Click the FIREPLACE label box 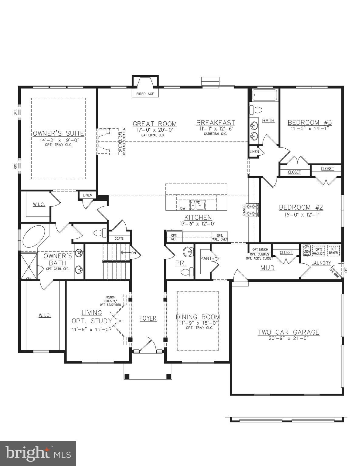coord(145,94)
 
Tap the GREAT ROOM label coord(155,124)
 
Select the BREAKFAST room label coord(216,123)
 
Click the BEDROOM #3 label coord(310,123)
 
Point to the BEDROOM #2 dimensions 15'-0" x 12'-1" coord(301,214)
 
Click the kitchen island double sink coord(197,205)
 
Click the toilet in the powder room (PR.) coord(188,272)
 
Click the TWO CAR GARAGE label coord(288,332)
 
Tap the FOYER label coord(148,318)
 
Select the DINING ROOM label coord(198,317)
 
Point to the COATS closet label coord(119,238)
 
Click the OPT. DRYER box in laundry coord(333,251)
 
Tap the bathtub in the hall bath coord(265,95)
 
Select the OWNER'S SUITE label coord(58,133)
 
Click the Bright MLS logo coord(38,453)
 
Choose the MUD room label coord(267,268)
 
